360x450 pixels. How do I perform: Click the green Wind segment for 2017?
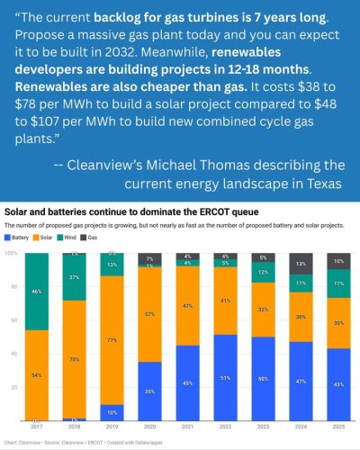tap(37, 292)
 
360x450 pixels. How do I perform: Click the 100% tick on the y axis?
tap(11, 254)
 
